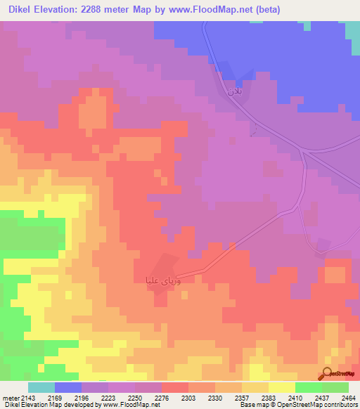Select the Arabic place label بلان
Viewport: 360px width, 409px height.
tap(234, 91)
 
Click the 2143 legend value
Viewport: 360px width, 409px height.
tap(28, 398)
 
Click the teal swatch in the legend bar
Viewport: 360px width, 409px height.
tap(41, 387)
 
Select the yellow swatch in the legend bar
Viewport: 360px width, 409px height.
tap(281, 387)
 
